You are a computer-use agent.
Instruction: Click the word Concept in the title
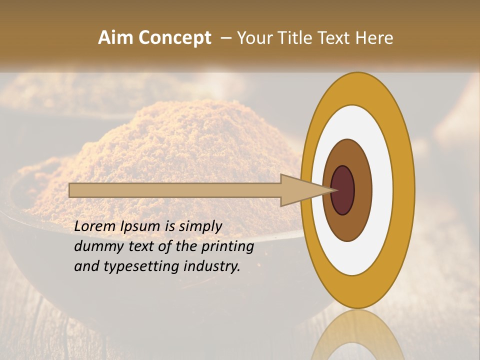click(175, 38)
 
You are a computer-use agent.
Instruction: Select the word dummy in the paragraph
click(96, 246)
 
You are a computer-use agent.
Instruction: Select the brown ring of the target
click(362, 190)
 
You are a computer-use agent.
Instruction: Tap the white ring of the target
click(382, 190)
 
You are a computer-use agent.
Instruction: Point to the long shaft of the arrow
click(175, 190)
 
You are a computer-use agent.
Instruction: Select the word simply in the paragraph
click(200, 226)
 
